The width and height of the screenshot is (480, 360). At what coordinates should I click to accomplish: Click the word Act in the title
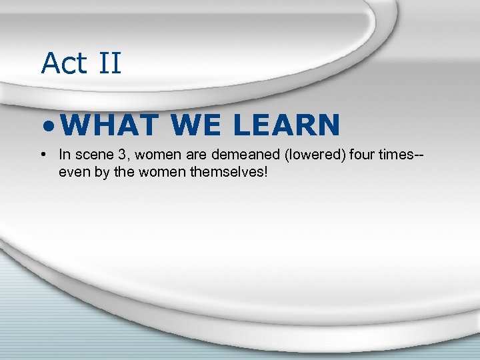click(64, 63)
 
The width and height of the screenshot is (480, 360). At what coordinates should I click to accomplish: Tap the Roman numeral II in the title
click(109, 63)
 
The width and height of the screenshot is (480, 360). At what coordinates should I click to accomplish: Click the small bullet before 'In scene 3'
click(43, 155)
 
